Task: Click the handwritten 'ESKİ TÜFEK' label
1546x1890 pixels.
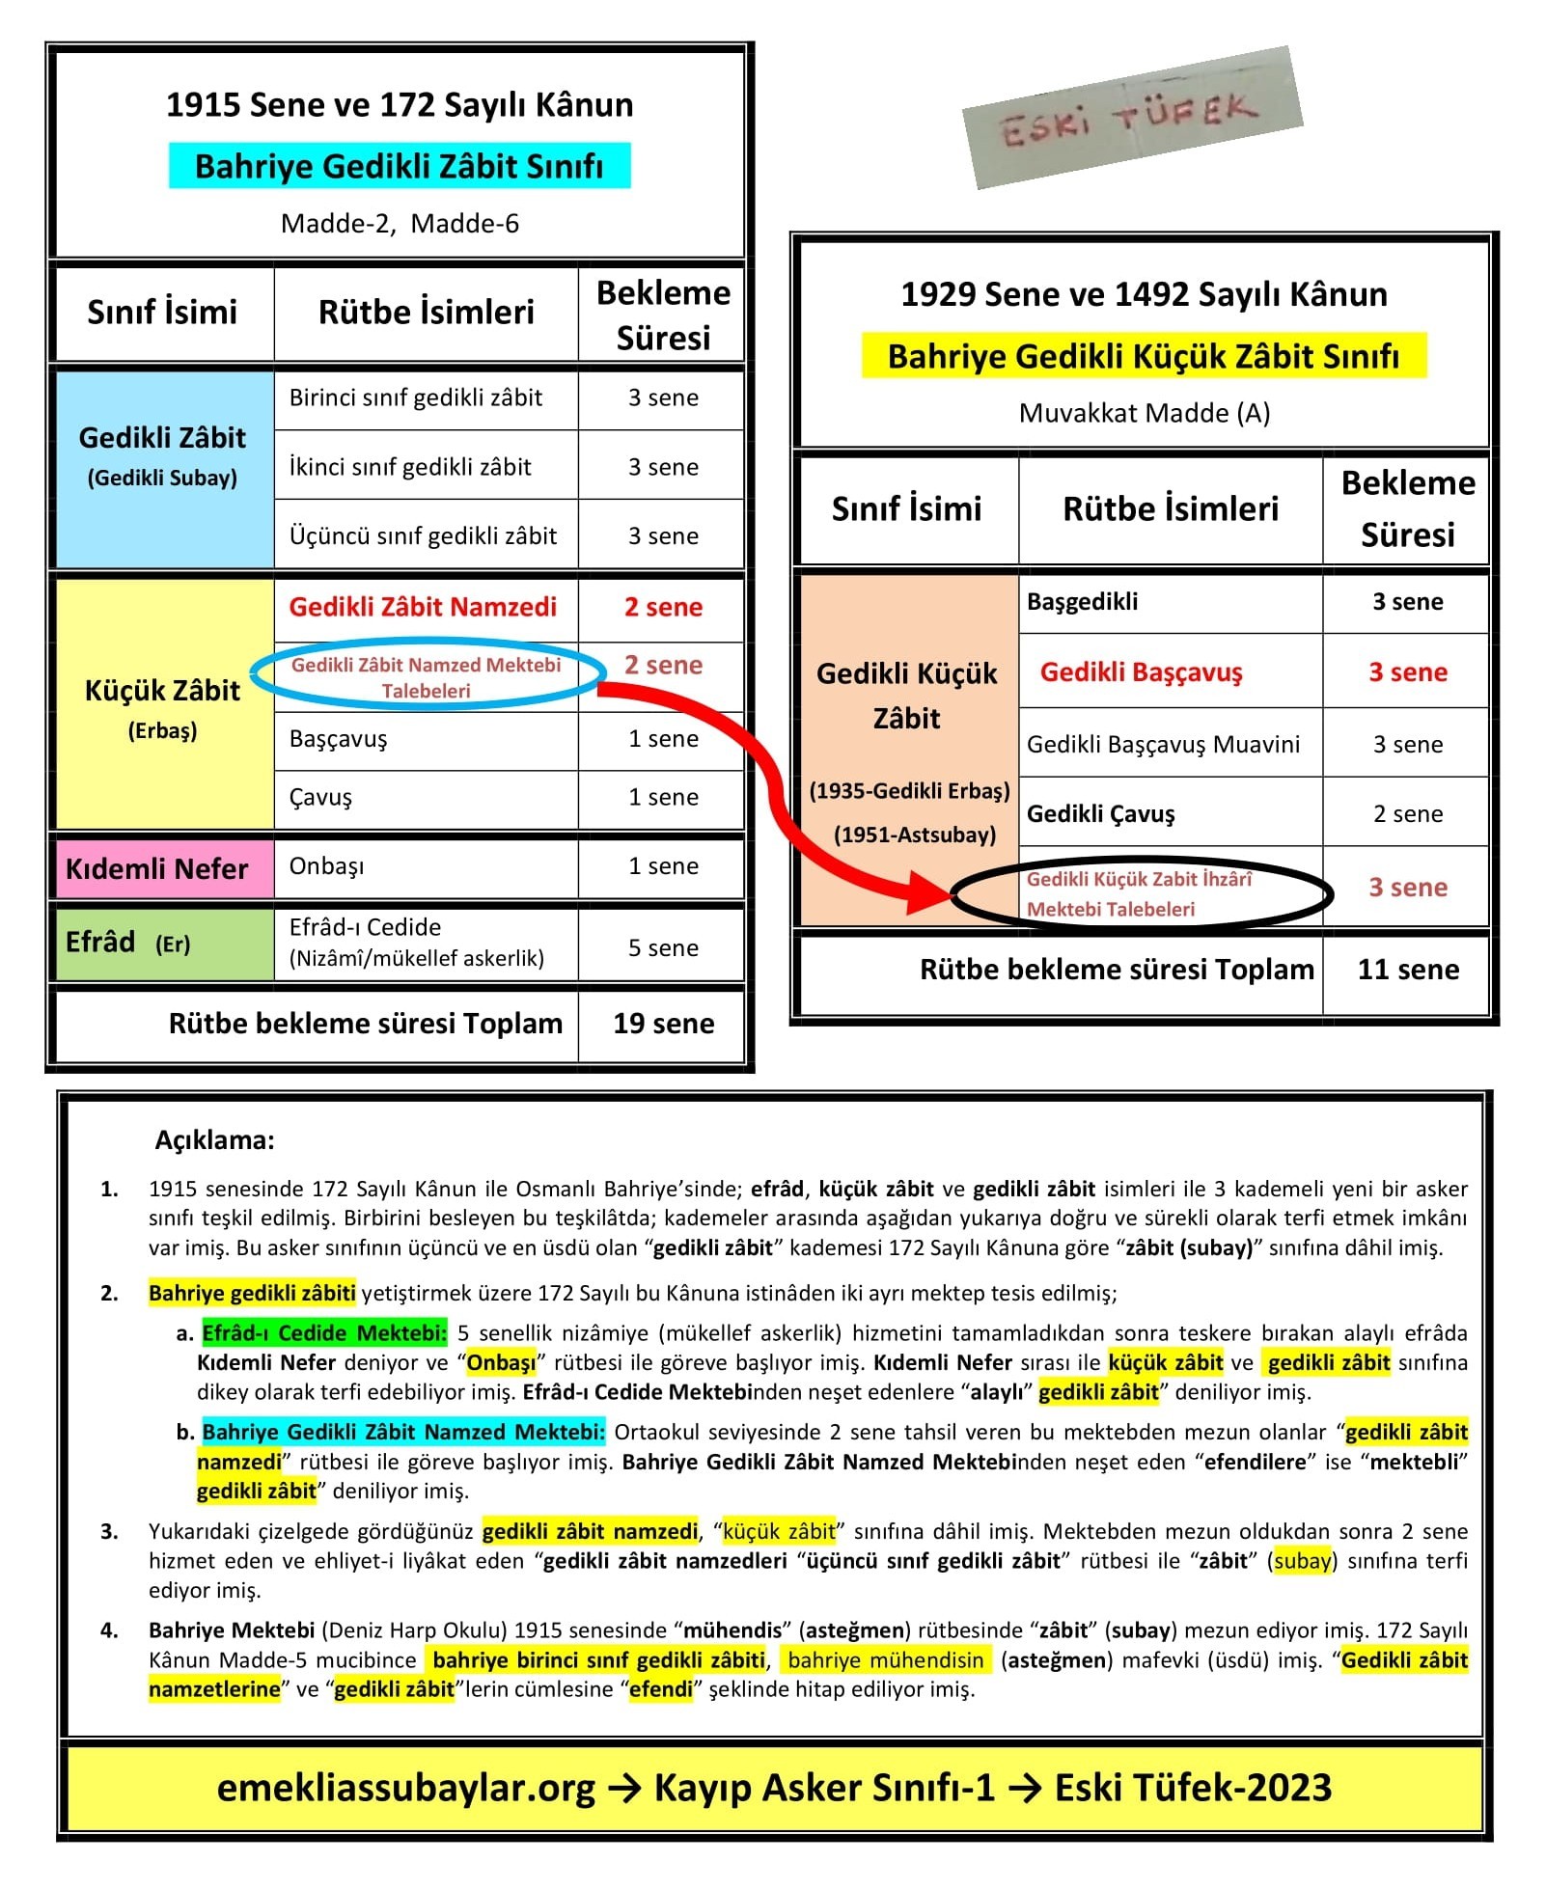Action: tap(1131, 120)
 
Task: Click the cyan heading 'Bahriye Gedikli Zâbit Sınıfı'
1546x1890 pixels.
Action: tap(399, 166)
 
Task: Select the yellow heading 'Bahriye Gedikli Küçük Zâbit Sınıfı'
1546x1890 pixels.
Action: tap(1143, 356)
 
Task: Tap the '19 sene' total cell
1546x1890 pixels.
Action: tap(663, 1024)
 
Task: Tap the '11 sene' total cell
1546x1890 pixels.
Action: tap(1407, 970)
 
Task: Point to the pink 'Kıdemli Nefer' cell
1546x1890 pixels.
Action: tap(157, 868)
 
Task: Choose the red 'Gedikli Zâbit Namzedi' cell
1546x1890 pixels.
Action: tap(423, 607)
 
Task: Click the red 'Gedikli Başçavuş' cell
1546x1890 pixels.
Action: tap(1141, 672)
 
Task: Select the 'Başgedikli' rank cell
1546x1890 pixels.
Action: tap(1082, 602)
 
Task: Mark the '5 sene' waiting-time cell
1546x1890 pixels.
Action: tap(663, 948)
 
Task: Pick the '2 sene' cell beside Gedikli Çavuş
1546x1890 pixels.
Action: tap(1407, 814)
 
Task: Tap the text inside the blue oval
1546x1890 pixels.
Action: tap(426, 677)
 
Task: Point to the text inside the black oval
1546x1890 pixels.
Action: tap(1139, 894)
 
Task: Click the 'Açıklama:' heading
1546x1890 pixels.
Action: tap(214, 1140)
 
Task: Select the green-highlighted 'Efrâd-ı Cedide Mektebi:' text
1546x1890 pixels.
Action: tap(324, 1333)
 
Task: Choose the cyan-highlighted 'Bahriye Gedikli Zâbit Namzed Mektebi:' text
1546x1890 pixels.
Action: tap(403, 1432)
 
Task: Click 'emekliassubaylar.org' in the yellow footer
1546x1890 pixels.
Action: tap(405, 1788)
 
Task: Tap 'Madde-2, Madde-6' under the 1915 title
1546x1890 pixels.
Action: tap(400, 224)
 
